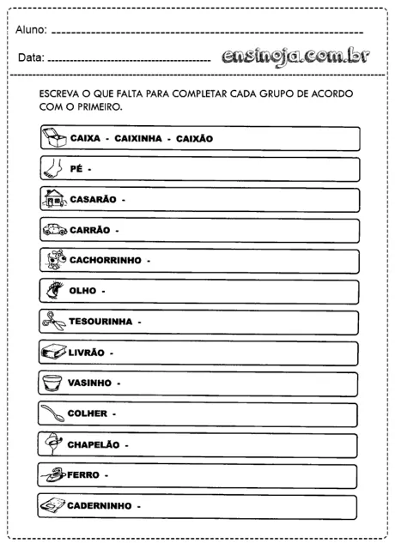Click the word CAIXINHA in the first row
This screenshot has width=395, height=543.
point(141,138)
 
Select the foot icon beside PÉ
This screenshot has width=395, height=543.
point(53,168)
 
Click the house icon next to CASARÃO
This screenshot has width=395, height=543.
point(53,199)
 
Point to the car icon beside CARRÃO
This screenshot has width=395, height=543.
point(53,230)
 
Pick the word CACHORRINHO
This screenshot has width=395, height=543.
point(104,260)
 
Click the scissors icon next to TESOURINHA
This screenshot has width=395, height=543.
point(53,321)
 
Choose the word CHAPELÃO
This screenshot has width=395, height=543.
point(96,444)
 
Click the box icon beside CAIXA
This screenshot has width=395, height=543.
point(53,137)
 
